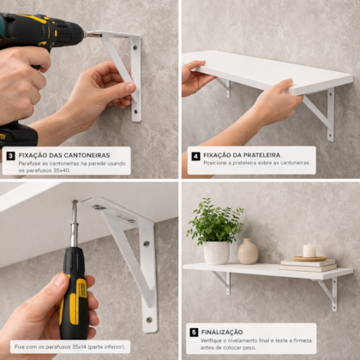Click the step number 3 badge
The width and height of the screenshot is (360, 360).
point(11,156)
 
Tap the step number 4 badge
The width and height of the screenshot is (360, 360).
point(195,156)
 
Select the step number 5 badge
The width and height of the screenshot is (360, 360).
point(194,333)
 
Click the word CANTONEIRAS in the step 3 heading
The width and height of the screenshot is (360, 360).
point(87,155)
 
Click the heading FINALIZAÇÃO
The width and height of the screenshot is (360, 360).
point(222,333)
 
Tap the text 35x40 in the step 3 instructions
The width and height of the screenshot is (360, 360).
point(62,171)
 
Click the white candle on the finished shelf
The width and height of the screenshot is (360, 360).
point(309,250)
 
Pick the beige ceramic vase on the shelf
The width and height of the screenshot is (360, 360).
point(248,251)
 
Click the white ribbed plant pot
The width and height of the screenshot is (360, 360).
point(217,253)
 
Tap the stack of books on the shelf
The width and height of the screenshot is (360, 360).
point(308,265)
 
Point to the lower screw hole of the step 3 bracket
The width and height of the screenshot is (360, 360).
point(136,111)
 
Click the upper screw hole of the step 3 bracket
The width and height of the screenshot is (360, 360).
point(135,47)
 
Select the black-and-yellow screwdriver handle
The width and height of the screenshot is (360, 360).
point(74,293)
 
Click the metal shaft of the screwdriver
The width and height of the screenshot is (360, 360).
point(75,224)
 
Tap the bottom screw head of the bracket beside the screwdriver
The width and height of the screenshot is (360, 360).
point(149,320)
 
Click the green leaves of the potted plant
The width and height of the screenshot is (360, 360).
point(216,221)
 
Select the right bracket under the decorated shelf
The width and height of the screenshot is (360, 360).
point(328,293)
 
